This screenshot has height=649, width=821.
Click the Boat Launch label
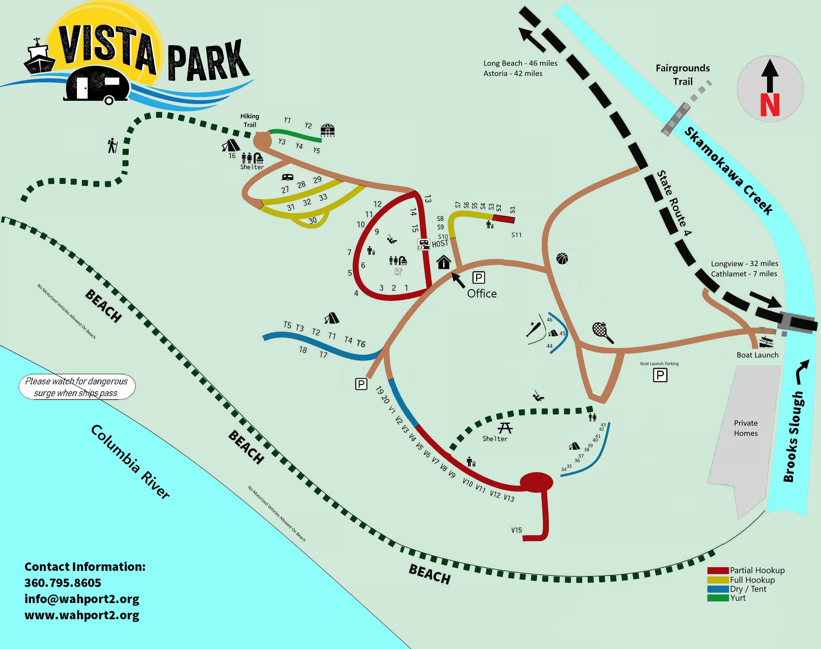(x=757, y=355)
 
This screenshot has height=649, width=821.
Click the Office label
(x=482, y=293)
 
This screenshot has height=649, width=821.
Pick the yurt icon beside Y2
(x=327, y=130)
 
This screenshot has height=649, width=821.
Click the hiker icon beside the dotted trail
(x=112, y=146)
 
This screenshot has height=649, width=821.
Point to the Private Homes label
(x=745, y=428)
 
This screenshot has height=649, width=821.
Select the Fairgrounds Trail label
(x=682, y=75)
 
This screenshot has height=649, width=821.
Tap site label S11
(x=516, y=235)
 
